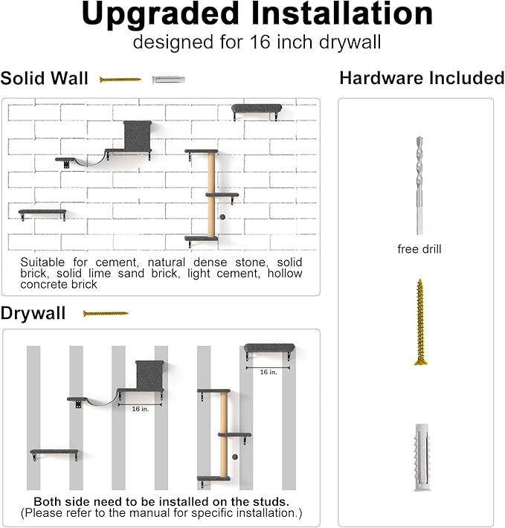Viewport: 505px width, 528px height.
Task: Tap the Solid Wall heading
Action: (45, 78)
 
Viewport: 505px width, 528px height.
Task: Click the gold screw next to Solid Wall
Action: (120, 79)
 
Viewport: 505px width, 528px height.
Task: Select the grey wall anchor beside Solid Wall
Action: (168, 79)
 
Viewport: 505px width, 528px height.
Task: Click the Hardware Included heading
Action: (421, 78)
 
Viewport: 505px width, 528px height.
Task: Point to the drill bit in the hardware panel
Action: (419, 185)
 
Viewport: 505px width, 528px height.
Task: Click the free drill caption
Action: (419, 249)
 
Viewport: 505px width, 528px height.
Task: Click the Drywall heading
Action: (33, 313)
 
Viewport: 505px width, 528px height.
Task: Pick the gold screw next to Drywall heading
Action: (106, 314)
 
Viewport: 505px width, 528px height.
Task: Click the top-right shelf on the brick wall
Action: (257, 109)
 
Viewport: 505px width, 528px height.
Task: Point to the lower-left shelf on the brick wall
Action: (42, 213)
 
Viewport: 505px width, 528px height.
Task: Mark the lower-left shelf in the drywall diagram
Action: (54, 451)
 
